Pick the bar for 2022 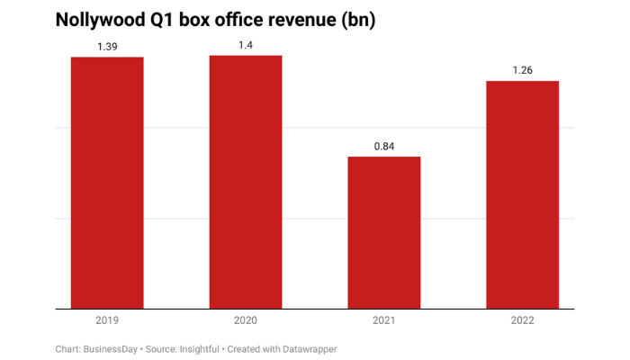pyautogui.click(x=523, y=194)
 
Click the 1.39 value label pyautogui.click(x=107, y=44)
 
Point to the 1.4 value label pyautogui.click(x=246, y=43)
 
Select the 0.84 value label pyautogui.click(x=384, y=145)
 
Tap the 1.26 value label pyautogui.click(x=523, y=68)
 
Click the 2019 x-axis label pyautogui.click(x=107, y=319)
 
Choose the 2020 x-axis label pyautogui.click(x=246, y=319)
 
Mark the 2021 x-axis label pyautogui.click(x=384, y=319)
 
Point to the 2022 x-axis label pyautogui.click(x=523, y=319)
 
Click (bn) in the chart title pyautogui.click(x=357, y=19)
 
